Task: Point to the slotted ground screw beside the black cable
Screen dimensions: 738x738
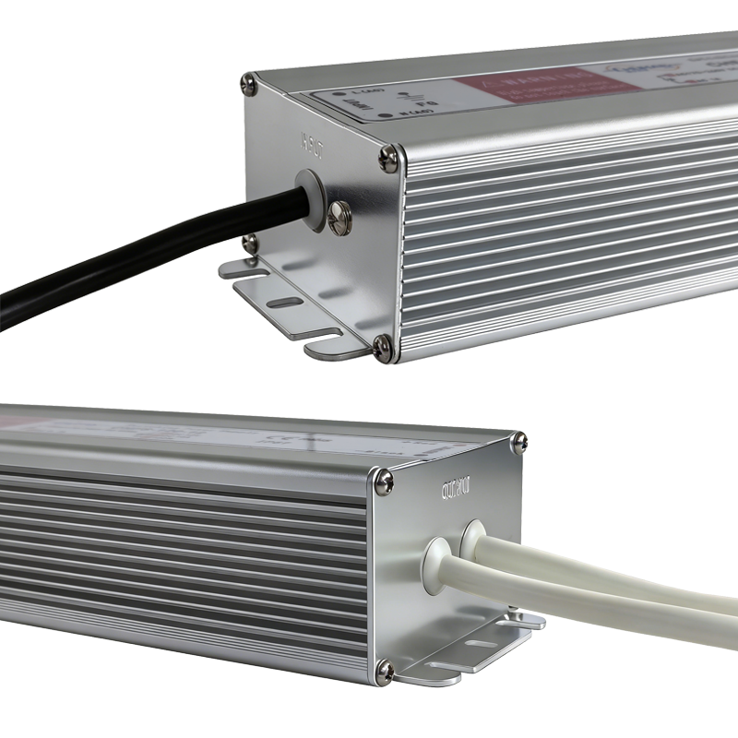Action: point(339,218)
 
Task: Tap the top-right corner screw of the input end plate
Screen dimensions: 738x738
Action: point(389,160)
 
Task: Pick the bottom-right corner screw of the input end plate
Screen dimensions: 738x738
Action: point(383,346)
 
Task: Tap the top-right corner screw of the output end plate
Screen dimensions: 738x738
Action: point(518,443)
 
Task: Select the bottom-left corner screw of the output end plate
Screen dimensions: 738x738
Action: point(385,669)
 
